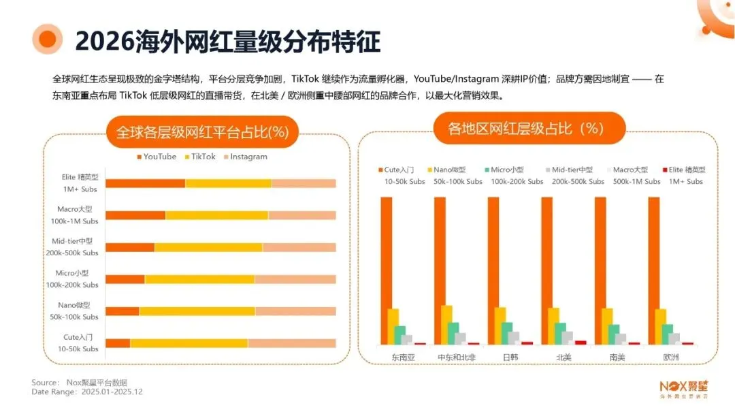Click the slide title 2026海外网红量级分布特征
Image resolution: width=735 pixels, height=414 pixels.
click(227, 41)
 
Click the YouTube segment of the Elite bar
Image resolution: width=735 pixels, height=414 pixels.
click(145, 183)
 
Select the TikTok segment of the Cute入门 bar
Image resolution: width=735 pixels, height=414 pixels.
click(189, 343)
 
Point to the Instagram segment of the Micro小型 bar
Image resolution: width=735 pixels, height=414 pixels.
click(295, 279)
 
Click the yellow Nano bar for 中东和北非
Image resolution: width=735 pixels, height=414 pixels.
click(446, 325)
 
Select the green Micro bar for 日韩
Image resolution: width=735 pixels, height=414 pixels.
click(507, 333)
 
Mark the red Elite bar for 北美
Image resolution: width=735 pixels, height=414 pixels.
click(581, 343)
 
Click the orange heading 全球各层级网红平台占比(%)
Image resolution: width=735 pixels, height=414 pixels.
click(203, 131)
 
